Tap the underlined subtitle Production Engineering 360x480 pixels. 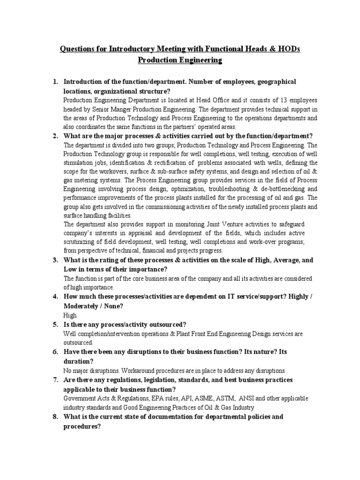(x=180, y=60)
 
